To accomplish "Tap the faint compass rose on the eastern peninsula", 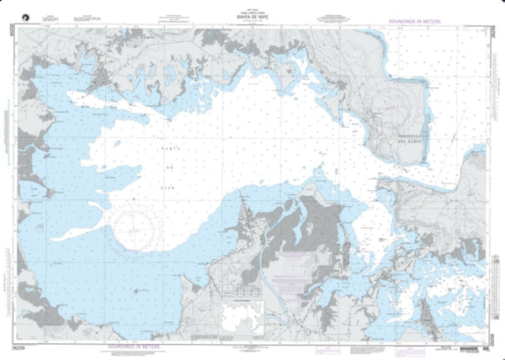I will coord(396,109).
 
